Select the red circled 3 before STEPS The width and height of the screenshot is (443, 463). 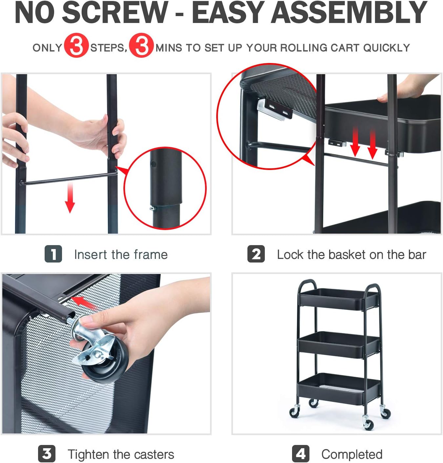tap(76, 46)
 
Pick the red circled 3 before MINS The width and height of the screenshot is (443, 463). tap(141, 46)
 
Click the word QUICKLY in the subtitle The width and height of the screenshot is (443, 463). tap(387, 48)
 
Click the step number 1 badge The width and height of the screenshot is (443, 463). tap(53, 254)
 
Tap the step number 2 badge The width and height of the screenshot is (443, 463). tap(256, 254)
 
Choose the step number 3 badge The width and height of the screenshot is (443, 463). tap(47, 454)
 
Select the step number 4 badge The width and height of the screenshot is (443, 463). tap(301, 454)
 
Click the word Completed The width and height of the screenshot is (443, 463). tap(352, 454)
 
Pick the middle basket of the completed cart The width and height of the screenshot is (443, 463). tap(338, 345)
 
